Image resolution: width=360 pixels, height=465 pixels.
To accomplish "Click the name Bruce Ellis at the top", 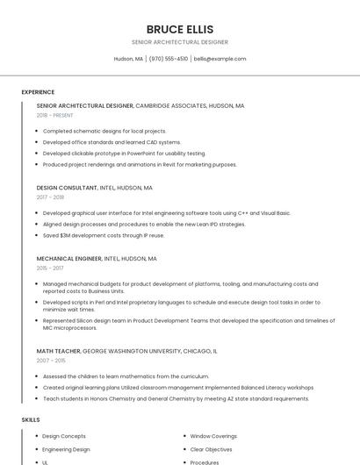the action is point(179,29).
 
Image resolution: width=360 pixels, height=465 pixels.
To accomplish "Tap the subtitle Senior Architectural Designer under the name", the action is point(179,42).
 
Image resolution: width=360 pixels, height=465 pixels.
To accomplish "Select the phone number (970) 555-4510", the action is point(169,59).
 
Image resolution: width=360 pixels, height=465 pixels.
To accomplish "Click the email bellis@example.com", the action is point(220,59).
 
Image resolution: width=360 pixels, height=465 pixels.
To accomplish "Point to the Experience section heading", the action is point(38,92).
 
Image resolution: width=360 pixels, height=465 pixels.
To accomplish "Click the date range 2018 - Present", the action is point(54,115).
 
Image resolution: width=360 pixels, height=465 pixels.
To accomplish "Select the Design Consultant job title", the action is point(68,187).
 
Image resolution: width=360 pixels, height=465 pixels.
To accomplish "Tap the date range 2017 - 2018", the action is point(50,197).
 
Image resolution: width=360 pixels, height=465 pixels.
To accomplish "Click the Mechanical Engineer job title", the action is point(69,259).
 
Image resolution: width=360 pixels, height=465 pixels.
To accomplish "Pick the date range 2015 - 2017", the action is point(50,269).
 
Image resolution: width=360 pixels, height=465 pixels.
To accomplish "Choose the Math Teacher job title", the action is point(58,351).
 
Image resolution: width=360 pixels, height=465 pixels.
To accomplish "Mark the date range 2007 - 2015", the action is point(51,361).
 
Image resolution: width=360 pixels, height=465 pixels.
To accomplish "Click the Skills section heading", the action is point(31,420).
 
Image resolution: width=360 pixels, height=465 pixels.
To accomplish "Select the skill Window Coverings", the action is point(213,436).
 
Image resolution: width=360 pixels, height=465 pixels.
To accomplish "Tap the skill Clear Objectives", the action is point(212,449).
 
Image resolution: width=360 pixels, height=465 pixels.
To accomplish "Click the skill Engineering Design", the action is point(66,449).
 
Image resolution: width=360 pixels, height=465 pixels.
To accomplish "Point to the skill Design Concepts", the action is point(64,436).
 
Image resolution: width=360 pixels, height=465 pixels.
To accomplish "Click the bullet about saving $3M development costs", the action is point(103,235).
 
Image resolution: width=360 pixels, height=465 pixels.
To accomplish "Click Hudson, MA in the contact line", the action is point(128,59).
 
